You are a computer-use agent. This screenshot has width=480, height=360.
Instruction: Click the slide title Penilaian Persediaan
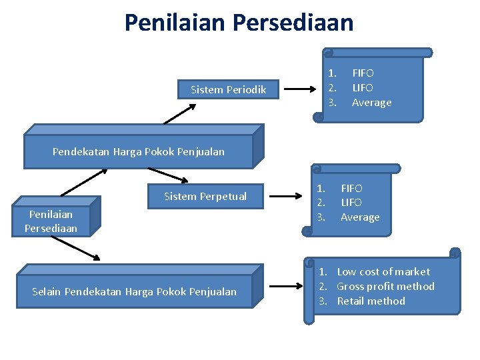tap(239, 23)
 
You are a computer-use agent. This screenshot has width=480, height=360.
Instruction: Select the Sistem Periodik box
tap(228, 89)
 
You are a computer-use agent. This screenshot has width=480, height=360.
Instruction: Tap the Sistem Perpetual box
tap(205, 196)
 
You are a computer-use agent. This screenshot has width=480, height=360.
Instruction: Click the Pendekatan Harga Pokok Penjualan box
tap(139, 151)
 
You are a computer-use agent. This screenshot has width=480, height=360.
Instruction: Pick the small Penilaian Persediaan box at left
tap(51, 221)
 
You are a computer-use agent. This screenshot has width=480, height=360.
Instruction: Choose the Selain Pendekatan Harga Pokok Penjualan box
tap(134, 291)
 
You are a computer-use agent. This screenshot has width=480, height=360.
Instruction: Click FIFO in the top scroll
tap(363, 73)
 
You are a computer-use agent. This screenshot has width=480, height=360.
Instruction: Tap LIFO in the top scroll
tap(363, 87)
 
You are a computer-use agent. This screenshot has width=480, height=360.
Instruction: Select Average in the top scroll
tap(371, 102)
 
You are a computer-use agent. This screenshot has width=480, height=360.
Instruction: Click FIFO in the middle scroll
tap(351, 188)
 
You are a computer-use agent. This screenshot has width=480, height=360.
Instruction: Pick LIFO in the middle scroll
tap(351, 202)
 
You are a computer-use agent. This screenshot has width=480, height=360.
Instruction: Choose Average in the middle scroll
tap(360, 217)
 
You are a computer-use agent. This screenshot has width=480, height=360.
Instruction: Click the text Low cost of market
tap(383, 271)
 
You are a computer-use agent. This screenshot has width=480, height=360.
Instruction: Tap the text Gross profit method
tap(385, 286)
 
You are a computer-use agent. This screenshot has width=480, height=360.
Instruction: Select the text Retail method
tap(371, 301)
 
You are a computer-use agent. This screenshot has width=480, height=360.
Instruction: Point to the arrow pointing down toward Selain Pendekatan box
tap(75, 247)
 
